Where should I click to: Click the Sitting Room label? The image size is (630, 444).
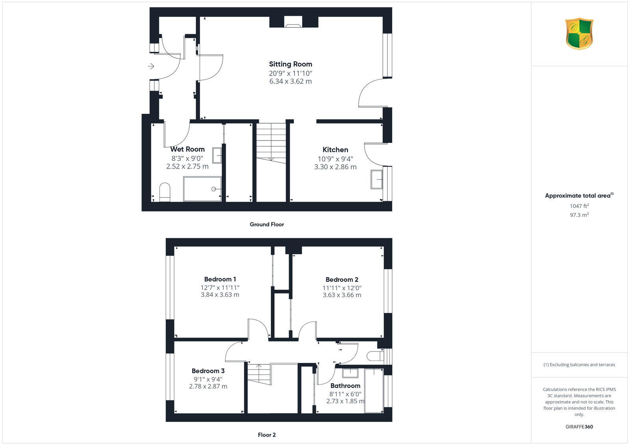[x=291, y=64]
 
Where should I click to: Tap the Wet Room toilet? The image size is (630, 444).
[x=165, y=192]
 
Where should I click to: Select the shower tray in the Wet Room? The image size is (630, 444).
[x=202, y=189]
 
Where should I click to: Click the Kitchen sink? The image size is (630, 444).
[x=377, y=179]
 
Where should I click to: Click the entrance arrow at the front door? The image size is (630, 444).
[x=151, y=67]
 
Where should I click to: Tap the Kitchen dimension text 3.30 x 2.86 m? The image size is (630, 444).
[x=335, y=167]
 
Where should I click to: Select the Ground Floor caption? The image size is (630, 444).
[x=267, y=224]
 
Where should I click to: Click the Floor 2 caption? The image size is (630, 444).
[x=267, y=435]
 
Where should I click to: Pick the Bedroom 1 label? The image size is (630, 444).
[x=220, y=279]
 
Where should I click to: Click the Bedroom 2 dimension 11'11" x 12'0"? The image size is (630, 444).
[x=342, y=288]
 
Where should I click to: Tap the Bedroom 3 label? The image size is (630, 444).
[x=208, y=371]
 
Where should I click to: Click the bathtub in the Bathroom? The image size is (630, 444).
[x=374, y=390]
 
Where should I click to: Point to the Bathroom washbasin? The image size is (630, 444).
[x=350, y=372]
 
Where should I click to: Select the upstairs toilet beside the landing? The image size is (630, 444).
[x=375, y=356]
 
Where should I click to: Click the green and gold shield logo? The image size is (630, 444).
[x=579, y=34]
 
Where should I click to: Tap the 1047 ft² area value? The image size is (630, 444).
[x=579, y=206]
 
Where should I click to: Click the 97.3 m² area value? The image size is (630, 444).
[x=579, y=215]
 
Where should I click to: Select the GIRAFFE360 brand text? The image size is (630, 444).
[x=579, y=427]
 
